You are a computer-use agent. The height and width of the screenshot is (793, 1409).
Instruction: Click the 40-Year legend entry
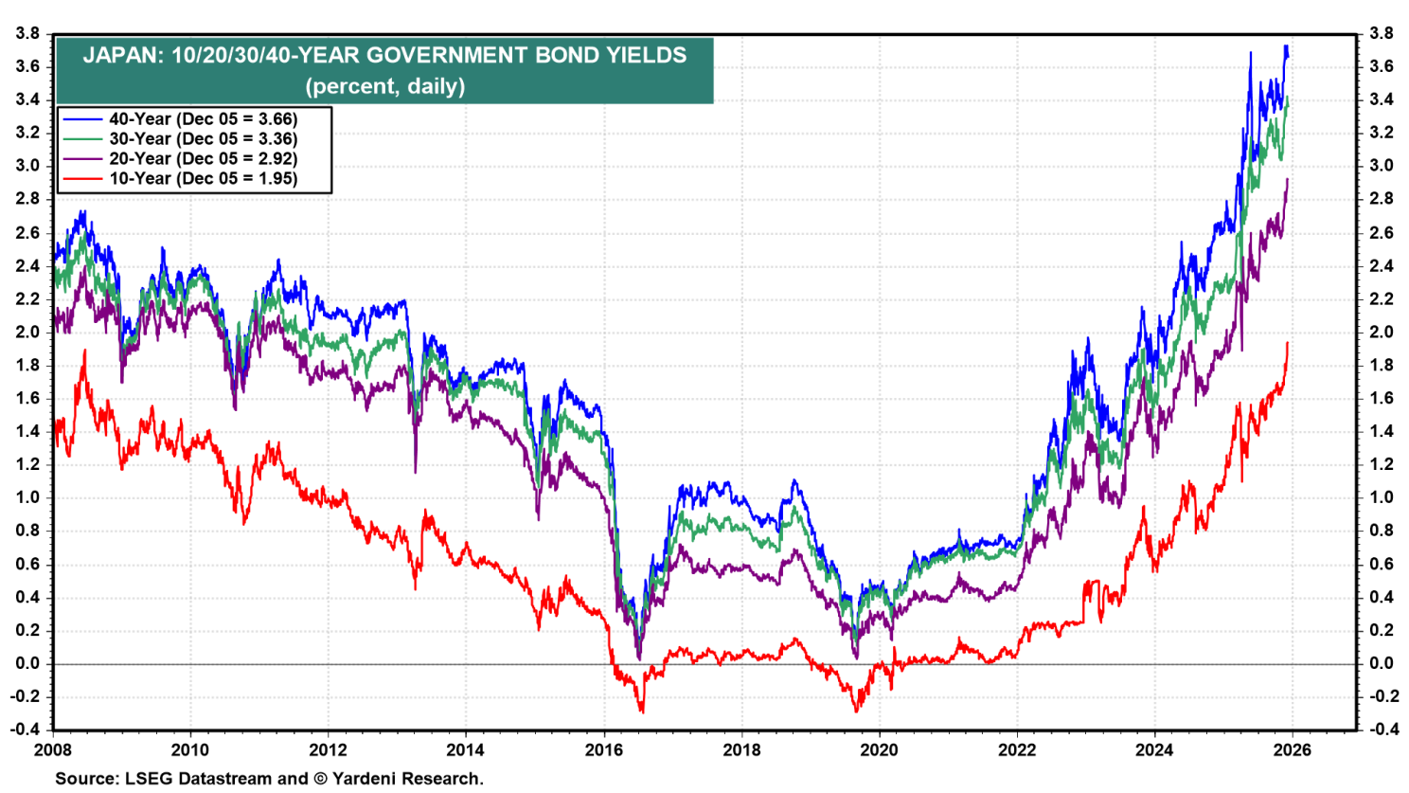click(x=203, y=119)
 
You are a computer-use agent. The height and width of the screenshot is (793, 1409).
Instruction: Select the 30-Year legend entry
click(x=203, y=139)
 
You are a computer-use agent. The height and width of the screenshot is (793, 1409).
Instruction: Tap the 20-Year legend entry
click(x=203, y=159)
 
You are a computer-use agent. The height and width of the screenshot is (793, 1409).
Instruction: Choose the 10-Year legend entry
click(x=203, y=179)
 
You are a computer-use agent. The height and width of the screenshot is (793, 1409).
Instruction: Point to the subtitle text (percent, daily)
click(x=384, y=86)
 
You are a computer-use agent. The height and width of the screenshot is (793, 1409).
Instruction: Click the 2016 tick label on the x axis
click(x=603, y=750)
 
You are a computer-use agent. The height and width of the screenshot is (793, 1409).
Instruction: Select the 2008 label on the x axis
click(x=52, y=750)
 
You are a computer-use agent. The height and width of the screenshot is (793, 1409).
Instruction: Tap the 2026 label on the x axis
click(x=1293, y=750)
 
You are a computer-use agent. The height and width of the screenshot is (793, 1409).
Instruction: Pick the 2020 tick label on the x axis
click(x=879, y=750)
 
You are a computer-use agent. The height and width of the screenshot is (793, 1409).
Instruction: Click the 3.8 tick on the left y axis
click(x=27, y=34)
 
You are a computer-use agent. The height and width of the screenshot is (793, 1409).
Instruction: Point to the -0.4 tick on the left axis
click(x=24, y=730)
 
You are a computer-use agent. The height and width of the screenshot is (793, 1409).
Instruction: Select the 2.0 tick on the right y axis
click(x=1381, y=333)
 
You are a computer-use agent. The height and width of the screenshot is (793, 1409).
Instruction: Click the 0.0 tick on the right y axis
click(x=1381, y=664)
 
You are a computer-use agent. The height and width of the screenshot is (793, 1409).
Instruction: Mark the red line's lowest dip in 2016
click(x=642, y=712)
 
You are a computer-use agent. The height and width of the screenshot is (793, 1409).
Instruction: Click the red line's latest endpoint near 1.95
click(x=1288, y=343)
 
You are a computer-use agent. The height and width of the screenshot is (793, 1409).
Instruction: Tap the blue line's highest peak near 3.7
click(x=1285, y=46)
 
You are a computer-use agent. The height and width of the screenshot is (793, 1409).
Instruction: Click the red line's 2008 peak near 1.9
click(x=85, y=351)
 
